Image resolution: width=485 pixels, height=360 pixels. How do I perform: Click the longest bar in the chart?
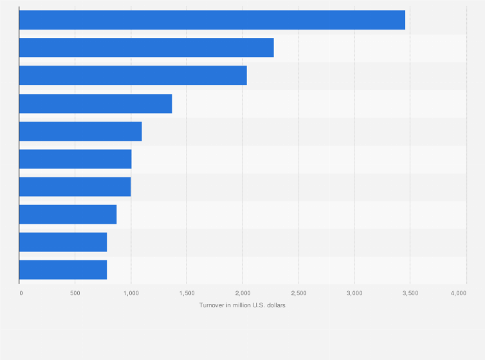coord(212,20)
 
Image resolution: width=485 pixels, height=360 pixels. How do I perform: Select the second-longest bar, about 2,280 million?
coord(147,48)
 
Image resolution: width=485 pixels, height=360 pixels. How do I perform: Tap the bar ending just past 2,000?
coord(133,75)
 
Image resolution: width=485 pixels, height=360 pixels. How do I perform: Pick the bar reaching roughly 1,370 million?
coord(96,104)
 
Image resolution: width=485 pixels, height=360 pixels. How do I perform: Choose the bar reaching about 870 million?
coord(68,214)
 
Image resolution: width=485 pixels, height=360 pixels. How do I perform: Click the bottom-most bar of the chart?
coord(63,269)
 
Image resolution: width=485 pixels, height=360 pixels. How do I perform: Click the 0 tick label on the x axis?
coord(21,293)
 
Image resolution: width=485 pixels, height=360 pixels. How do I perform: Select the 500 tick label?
coord(75,293)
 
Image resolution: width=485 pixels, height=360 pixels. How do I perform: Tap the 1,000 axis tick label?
coord(131,293)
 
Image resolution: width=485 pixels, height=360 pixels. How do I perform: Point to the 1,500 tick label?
coord(187,293)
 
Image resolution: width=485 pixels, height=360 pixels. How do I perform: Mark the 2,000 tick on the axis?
coord(243,293)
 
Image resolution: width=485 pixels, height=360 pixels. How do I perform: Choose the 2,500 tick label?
coord(298,293)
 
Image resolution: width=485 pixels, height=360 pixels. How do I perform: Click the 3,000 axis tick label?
coord(354,293)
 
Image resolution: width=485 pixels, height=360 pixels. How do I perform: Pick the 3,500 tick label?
coord(410,293)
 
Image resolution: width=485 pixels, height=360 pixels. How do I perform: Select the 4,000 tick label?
coord(458,293)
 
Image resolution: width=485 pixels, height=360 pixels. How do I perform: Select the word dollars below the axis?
coord(277,305)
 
